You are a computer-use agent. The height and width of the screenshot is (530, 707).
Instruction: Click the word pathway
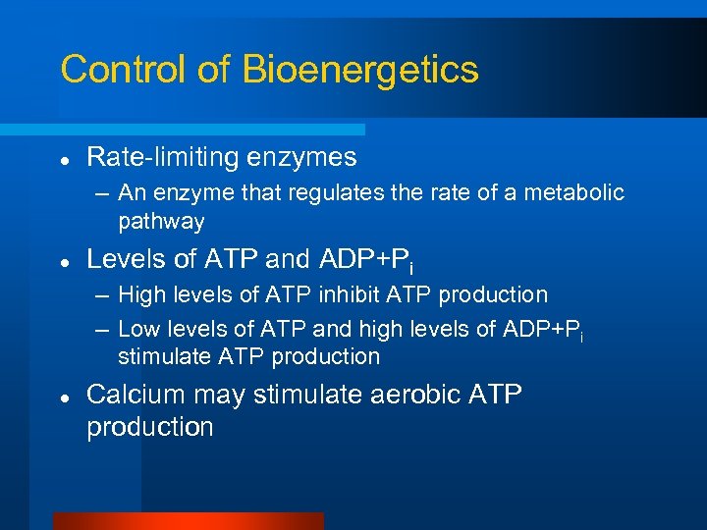pyautogui.click(x=161, y=222)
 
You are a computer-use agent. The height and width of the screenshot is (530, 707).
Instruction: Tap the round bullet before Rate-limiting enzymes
pyautogui.click(x=63, y=158)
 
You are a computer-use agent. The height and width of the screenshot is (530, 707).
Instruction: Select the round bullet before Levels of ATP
pyautogui.click(x=63, y=261)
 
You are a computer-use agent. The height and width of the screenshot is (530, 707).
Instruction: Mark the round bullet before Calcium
pyautogui.click(x=63, y=396)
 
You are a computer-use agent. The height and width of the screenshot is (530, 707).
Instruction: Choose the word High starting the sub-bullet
pyautogui.click(x=141, y=295)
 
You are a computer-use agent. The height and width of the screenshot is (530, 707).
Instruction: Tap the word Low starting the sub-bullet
pyautogui.click(x=139, y=329)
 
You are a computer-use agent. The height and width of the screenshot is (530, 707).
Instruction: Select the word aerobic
pyautogui.click(x=393, y=396)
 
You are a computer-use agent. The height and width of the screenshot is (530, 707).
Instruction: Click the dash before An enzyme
pyautogui.click(x=103, y=193)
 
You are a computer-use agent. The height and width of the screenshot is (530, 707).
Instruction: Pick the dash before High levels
pyautogui.click(x=103, y=295)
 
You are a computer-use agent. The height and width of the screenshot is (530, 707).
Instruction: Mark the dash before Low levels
pyautogui.click(x=103, y=329)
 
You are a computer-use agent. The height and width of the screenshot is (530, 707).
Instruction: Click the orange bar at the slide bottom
pyautogui.click(x=188, y=521)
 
